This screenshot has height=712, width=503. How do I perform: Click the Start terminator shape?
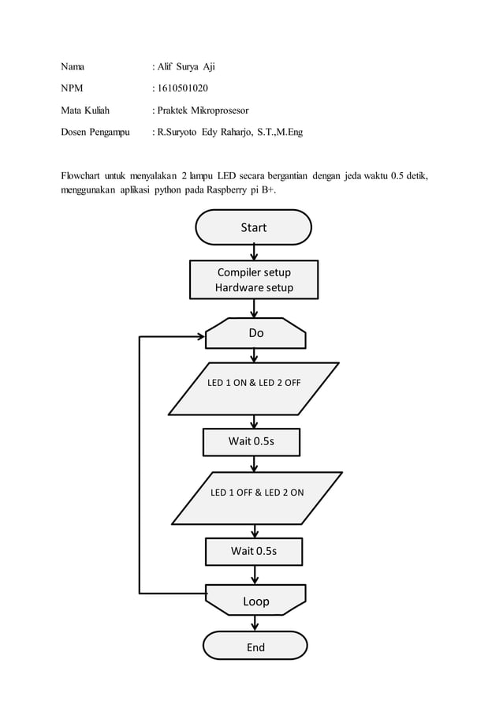(253, 227)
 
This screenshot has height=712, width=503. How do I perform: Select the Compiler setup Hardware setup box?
(254, 280)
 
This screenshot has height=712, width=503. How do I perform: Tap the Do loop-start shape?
(255, 333)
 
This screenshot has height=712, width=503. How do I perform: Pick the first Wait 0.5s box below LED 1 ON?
(251, 441)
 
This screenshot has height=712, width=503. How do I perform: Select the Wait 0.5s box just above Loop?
(254, 551)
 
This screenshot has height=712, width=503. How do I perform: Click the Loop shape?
(255, 601)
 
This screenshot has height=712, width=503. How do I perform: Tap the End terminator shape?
(255, 646)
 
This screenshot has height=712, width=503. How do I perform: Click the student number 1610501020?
(183, 88)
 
